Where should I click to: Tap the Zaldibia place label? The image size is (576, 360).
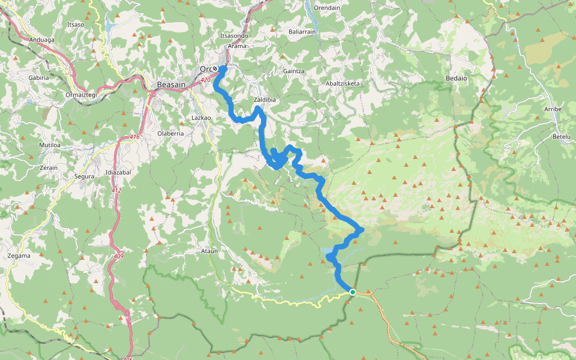[x=265, y=100]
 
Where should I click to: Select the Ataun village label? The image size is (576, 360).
[x=209, y=251]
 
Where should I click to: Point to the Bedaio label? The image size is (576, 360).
[x=456, y=78]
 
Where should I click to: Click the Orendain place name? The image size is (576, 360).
[x=327, y=8]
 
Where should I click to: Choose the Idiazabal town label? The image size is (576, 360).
[x=118, y=173]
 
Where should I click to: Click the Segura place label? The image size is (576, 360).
[x=84, y=176]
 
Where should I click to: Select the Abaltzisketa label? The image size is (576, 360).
[x=343, y=83]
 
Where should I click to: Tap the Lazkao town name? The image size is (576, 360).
[x=200, y=118]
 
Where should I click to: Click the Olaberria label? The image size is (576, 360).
[x=170, y=133]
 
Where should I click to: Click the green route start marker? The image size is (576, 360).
[x=353, y=292]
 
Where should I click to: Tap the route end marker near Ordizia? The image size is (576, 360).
[x=215, y=69]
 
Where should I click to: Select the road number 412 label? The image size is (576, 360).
[x=116, y=191]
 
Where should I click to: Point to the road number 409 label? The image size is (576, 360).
[x=117, y=257]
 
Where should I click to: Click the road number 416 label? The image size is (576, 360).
[x=134, y=137]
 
